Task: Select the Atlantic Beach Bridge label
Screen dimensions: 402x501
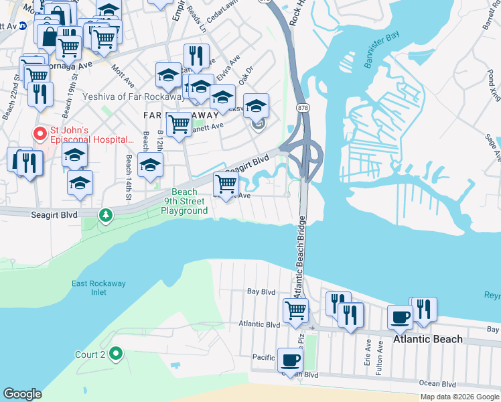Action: [299, 257]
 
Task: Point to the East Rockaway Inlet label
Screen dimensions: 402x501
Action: [98, 288]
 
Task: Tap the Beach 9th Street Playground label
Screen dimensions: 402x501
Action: [184, 201]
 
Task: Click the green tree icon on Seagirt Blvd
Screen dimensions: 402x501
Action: [104, 215]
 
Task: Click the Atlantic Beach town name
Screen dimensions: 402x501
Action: [427, 339]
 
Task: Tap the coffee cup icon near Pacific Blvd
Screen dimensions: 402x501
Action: [291, 360]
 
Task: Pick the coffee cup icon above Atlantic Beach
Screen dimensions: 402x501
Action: [401, 317]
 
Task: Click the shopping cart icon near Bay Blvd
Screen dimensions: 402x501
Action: [295, 310]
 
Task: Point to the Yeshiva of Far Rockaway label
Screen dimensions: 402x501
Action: [133, 96]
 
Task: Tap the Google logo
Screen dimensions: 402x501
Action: [22, 394]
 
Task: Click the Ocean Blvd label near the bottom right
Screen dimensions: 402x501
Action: [437, 384]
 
